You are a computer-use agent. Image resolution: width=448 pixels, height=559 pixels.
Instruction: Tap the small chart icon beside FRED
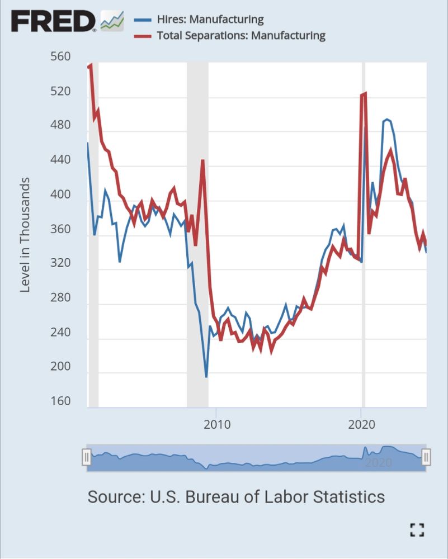112,21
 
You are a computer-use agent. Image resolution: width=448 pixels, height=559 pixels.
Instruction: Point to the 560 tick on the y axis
60,56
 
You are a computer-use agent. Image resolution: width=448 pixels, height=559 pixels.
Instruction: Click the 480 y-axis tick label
60,125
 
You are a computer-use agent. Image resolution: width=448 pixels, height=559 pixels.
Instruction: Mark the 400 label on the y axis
60,195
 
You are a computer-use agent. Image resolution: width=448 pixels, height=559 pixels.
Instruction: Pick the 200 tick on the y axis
60,367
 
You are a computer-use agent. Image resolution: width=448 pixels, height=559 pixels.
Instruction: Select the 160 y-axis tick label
60,401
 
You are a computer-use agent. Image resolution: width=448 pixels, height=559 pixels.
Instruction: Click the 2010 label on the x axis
216,424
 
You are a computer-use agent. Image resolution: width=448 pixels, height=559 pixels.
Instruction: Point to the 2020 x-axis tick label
361,424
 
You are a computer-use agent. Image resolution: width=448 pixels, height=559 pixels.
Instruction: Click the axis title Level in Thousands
25,235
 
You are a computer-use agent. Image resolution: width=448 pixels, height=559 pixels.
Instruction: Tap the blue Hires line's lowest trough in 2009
206,377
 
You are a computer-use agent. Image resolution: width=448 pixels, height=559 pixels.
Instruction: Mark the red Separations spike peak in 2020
365,93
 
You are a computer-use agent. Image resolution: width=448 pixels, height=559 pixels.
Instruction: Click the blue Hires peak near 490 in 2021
386,120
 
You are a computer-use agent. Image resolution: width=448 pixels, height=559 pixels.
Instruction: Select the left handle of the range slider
87,457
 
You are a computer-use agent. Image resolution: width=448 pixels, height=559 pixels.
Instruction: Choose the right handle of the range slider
426,457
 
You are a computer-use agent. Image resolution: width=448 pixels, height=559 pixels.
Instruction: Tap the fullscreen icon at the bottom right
417,529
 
